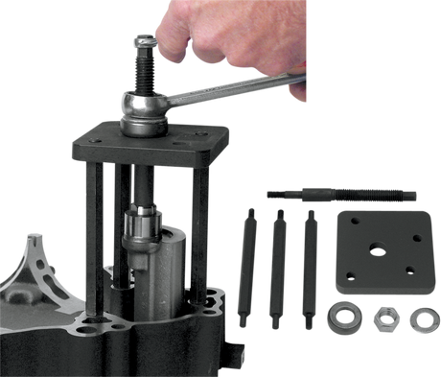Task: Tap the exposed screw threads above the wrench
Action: [x=147, y=67]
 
